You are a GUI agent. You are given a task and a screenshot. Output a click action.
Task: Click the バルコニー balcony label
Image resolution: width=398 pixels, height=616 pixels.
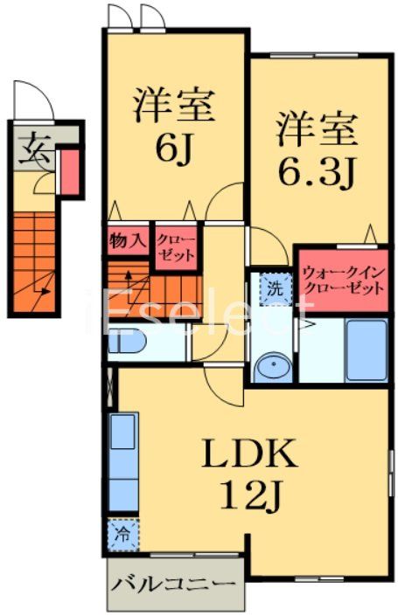175,584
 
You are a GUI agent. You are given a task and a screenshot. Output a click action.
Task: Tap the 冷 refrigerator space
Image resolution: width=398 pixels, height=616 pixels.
122,533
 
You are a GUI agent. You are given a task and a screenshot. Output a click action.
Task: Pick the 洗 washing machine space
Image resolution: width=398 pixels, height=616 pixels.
275,287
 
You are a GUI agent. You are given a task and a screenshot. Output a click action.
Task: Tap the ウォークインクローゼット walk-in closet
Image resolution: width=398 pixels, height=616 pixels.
343,280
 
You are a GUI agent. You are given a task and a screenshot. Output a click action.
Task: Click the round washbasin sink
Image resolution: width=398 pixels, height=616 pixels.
274,364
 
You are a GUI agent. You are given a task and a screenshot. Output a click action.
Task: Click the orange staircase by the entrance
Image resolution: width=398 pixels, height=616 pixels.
35,262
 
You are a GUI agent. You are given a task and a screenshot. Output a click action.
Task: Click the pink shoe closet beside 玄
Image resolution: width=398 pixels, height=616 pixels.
67,170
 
